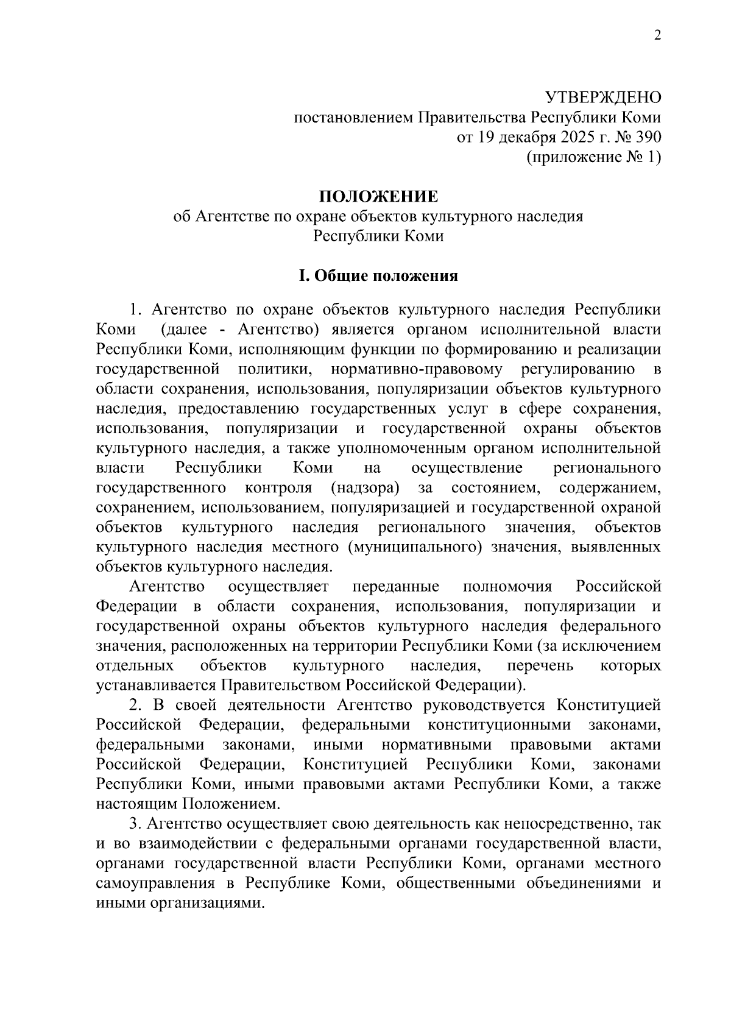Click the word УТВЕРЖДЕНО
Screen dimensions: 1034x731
coord(602,97)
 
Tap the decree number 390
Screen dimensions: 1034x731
coord(648,137)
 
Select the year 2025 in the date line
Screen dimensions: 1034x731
coord(553,137)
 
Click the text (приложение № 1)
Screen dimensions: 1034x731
coord(593,157)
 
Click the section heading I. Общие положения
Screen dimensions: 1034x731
coord(378,276)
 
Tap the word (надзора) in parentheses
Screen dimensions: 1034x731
coord(365,487)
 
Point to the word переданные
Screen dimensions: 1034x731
coord(396,586)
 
